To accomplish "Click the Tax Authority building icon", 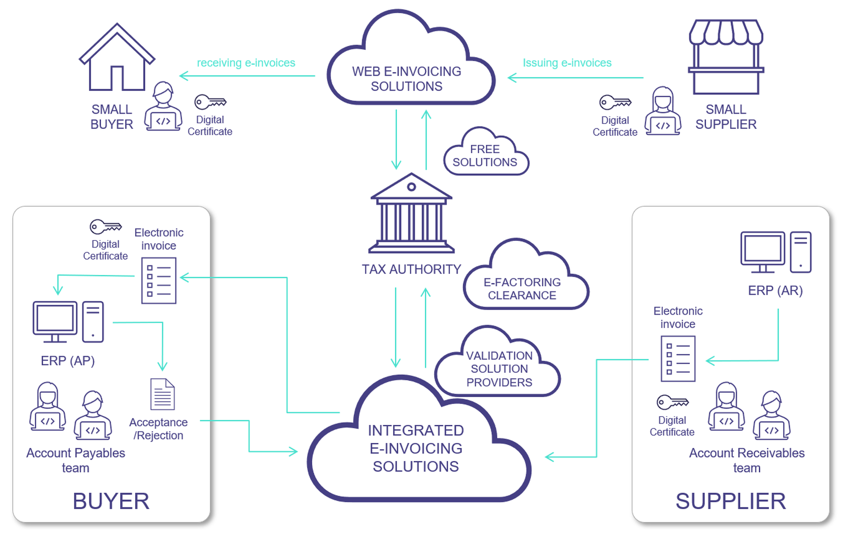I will [411, 214].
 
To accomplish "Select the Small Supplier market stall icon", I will [726, 57].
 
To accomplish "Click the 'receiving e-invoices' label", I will [246, 63].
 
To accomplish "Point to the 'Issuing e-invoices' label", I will [567, 63].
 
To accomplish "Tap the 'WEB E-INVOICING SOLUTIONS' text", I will [406, 79].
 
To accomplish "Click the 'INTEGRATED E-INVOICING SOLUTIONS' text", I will [416, 448].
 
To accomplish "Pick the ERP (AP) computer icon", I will [68, 322].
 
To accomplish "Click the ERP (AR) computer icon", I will [776, 252].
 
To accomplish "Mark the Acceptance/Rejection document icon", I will [162, 394].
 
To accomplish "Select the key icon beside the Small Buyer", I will [210, 102].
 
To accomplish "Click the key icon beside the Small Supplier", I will [615, 102].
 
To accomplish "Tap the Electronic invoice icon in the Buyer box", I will [159, 281].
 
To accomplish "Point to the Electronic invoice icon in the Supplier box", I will [678, 358].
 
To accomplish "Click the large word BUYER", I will [111, 501].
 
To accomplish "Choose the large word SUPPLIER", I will [731, 501].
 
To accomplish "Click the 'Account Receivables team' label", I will [746, 460].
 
